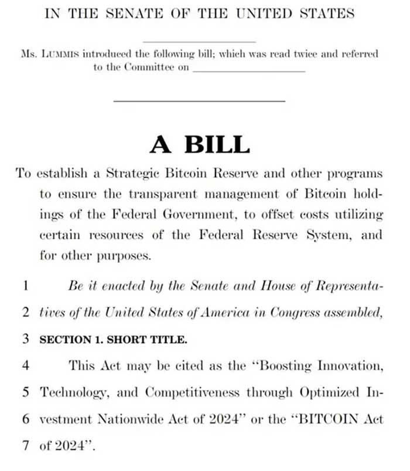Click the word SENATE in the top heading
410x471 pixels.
tap(133, 13)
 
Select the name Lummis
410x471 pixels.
tap(59, 53)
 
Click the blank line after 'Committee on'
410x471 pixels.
tap(249, 69)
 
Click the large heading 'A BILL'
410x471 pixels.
tap(200, 144)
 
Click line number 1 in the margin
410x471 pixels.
tap(26, 286)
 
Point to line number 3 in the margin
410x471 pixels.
tap(26, 338)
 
